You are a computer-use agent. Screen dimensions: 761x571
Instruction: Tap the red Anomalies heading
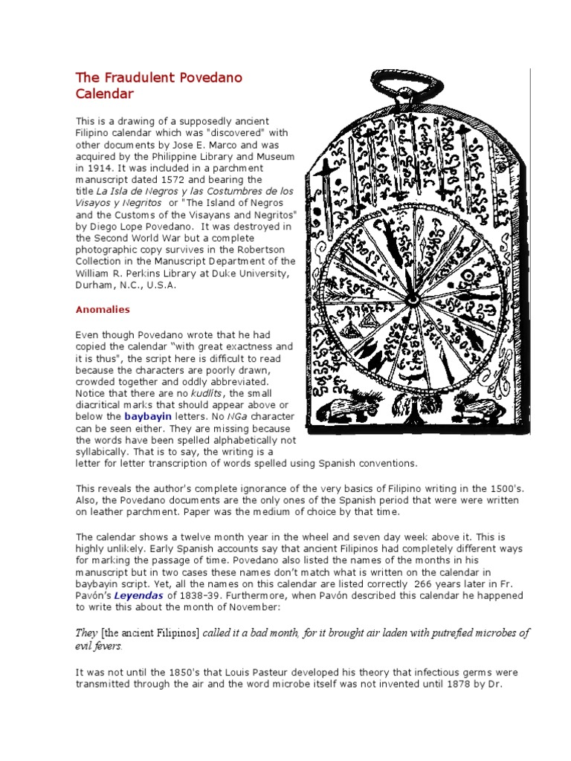(x=103, y=309)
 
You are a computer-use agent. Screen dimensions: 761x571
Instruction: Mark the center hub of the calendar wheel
(x=411, y=298)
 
